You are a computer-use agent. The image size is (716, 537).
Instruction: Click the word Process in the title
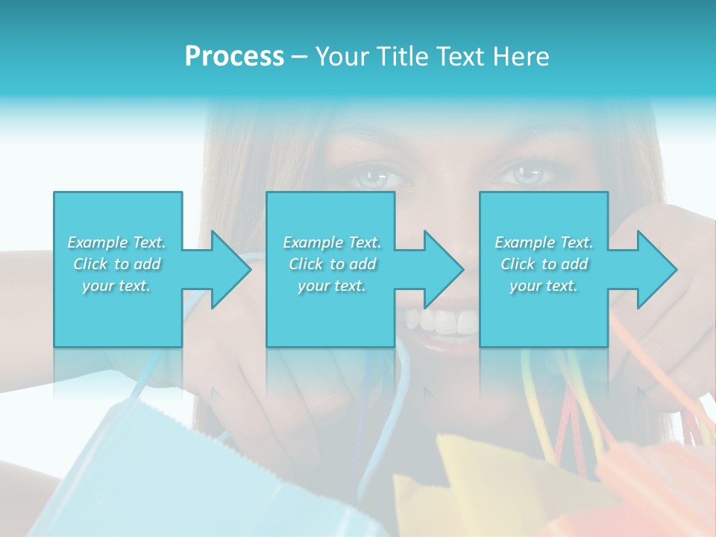(x=234, y=57)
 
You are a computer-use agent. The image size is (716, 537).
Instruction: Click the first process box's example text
(x=117, y=264)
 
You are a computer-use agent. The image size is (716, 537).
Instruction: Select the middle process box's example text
(x=331, y=264)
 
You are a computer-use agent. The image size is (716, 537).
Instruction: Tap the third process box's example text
(x=543, y=264)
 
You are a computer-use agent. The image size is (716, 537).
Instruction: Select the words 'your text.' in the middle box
(x=331, y=286)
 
